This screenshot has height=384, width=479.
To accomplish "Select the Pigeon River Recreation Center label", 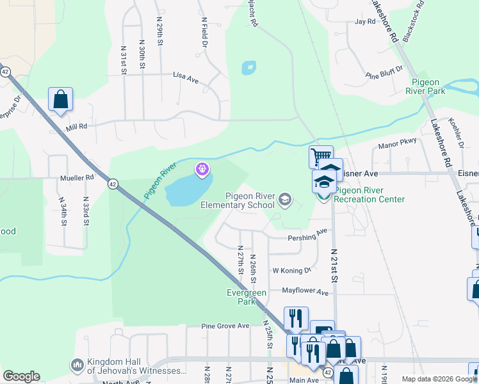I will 370,195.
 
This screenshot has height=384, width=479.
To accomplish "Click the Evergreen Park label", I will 247,297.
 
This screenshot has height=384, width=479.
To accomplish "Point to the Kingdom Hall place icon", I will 77,365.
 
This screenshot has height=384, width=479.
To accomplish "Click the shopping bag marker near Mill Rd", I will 60,99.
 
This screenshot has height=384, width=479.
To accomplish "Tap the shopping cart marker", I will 320,156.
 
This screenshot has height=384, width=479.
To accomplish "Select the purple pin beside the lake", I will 202,169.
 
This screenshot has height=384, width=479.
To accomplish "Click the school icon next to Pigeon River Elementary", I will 284,201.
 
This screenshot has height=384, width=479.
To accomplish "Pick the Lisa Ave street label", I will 186,76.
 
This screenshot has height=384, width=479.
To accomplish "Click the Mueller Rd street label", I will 76,179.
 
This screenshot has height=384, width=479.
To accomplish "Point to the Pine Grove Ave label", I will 225,326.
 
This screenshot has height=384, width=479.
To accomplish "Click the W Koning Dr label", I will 291,271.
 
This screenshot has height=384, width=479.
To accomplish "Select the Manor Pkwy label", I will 398,144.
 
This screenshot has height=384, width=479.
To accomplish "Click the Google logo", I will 21,376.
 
